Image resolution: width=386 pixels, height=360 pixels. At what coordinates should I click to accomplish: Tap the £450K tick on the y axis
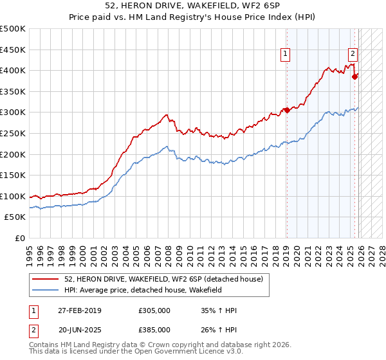pyautogui.click(x=14, y=50)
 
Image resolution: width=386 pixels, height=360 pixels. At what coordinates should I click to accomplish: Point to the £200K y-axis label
pyautogui.click(x=14, y=154)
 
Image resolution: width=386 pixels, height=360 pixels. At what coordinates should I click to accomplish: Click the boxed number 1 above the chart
pyautogui.click(x=285, y=55)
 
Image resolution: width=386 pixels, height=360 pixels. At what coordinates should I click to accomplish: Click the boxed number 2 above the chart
pyautogui.click(x=353, y=55)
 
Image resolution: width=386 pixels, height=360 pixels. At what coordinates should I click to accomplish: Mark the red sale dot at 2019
pyautogui.click(x=287, y=110)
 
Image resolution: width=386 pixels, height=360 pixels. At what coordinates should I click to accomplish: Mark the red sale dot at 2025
pyautogui.click(x=354, y=76)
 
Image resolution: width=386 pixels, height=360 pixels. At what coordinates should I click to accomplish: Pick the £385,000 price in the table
pyautogui.click(x=154, y=329)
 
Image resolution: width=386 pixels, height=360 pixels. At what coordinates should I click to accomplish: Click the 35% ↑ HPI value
pyautogui.click(x=219, y=310)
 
